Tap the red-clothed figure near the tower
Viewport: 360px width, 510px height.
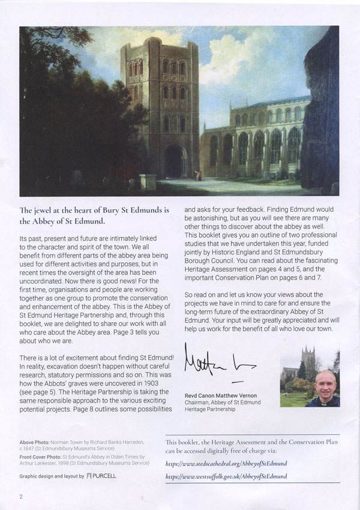[x=199, y=174]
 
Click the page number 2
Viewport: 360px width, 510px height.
[x=21, y=496]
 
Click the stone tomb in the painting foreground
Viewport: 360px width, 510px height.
[x=147, y=182]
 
